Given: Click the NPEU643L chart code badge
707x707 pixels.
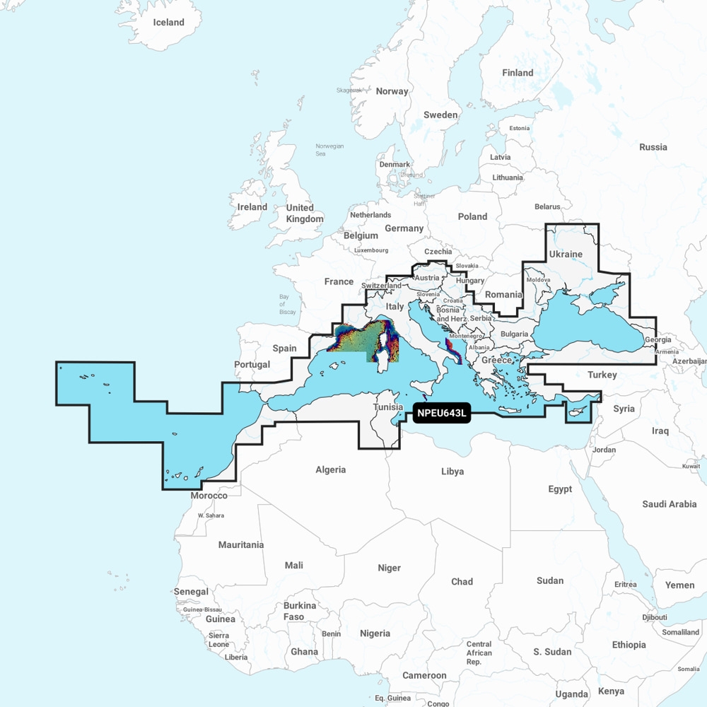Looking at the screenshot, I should pyautogui.click(x=441, y=414).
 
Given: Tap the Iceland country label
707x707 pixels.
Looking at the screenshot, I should pyautogui.click(x=168, y=22).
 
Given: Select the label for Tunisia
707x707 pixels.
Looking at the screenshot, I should pyautogui.click(x=388, y=407).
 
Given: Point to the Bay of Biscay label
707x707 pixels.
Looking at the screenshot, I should pyautogui.click(x=287, y=304).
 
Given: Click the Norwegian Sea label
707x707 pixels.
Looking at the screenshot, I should pyautogui.click(x=329, y=150).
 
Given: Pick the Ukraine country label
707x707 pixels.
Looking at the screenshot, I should pyautogui.click(x=566, y=254).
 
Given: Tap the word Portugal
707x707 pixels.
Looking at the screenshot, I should pyautogui.click(x=252, y=365).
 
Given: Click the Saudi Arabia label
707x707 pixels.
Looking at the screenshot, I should pyautogui.click(x=669, y=504).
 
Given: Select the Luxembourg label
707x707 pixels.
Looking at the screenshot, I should pyautogui.click(x=371, y=250).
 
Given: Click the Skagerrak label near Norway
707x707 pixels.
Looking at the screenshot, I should pyautogui.click(x=349, y=90).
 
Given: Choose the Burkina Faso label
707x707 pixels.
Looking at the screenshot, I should pyautogui.click(x=300, y=612).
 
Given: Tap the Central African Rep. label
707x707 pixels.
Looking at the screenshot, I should pyautogui.click(x=479, y=653).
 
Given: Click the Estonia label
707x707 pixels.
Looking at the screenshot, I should pyautogui.click(x=519, y=128).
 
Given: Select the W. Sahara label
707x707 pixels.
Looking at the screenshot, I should pyautogui.click(x=211, y=515).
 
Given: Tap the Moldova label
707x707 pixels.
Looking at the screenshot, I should pyautogui.click(x=538, y=280).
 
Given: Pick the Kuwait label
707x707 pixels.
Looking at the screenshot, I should pyautogui.click(x=691, y=466).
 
